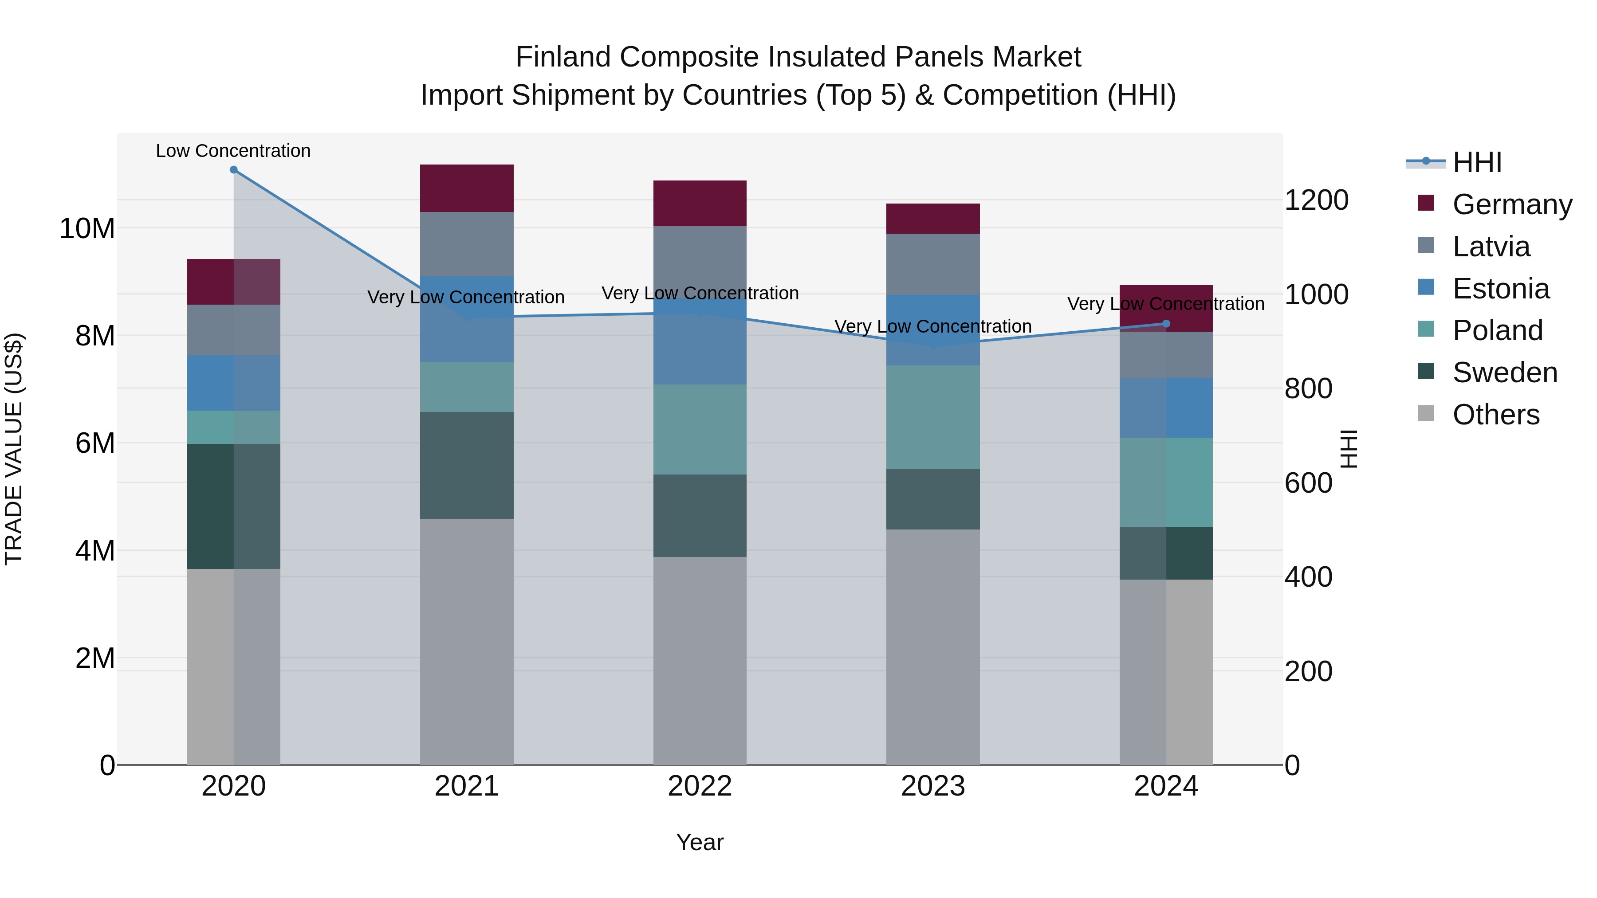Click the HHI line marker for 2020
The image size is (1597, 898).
pos(234,170)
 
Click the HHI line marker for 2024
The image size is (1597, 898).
pos(1166,324)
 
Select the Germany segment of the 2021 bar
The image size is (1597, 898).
pos(467,188)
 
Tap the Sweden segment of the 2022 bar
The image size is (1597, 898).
pos(700,516)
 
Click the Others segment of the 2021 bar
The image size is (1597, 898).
pos(467,641)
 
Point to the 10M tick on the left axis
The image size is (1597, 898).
pos(87,229)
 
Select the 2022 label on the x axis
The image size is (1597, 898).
pos(700,786)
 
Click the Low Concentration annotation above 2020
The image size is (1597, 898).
pos(233,151)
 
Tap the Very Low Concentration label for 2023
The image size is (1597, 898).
pos(933,326)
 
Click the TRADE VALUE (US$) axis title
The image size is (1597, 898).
pos(14,449)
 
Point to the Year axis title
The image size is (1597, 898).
pos(700,842)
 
